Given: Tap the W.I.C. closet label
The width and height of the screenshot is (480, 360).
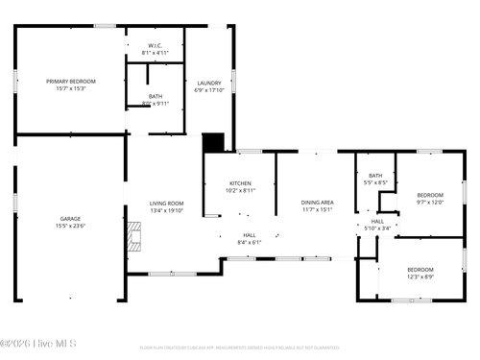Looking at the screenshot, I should [x=155, y=44].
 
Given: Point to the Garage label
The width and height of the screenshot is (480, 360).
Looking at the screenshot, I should [x=70, y=219].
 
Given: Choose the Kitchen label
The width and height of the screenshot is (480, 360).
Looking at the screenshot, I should [x=240, y=183].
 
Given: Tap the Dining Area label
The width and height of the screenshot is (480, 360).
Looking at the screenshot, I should [x=317, y=203].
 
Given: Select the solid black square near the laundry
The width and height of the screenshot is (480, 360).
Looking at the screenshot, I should [x=213, y=142].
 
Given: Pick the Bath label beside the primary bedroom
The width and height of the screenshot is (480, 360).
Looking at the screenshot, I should [x=155, y=96].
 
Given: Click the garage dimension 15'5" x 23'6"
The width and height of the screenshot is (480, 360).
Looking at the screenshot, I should [x=70, y=227].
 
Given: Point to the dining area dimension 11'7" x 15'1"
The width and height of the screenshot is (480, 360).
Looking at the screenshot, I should [x=317, y=209].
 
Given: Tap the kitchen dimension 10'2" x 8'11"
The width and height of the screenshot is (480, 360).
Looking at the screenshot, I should [x=240, y=190].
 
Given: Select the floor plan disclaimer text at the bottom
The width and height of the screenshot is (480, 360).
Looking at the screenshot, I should [x=240, y=348].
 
